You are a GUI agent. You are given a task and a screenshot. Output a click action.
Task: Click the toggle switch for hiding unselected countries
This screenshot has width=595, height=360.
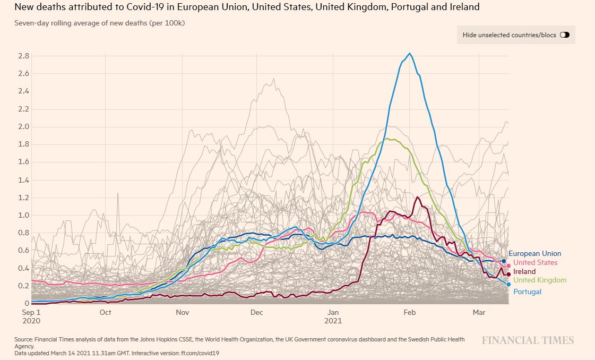click(x=564, y=35)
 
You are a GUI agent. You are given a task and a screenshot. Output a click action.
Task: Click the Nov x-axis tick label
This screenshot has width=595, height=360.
click(x=183, y=312)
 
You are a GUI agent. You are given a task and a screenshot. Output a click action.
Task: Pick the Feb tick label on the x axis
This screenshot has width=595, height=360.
click(x=409, y=312)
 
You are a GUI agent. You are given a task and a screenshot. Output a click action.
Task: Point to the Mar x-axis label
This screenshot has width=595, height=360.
click(x=479, y=312)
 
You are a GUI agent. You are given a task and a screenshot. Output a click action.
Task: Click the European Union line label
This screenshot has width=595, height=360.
click(x=534, y=254)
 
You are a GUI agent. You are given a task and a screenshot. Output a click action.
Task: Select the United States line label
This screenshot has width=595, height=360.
click(x=535, y=263)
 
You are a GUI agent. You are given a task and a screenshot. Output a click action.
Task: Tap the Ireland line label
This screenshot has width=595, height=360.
click(x=524, y=272)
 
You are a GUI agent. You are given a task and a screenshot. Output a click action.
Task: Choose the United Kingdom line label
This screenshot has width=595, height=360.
click(x=540, y=280)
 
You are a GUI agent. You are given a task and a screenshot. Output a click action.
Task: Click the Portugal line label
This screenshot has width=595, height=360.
click(x=527, y=292)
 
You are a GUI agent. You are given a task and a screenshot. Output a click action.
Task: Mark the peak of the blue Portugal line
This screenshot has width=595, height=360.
click(x=410, y=54)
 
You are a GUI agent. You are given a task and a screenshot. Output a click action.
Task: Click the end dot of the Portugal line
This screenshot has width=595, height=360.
click(x=508, y=285)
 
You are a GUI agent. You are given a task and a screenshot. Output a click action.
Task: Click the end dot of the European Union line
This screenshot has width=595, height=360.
click(x=504, y=261)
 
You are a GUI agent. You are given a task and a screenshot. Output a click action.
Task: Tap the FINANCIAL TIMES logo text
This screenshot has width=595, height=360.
click(x=528, y=340)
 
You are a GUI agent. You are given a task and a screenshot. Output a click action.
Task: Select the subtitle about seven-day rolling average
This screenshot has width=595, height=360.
click(x=100, y=23)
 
